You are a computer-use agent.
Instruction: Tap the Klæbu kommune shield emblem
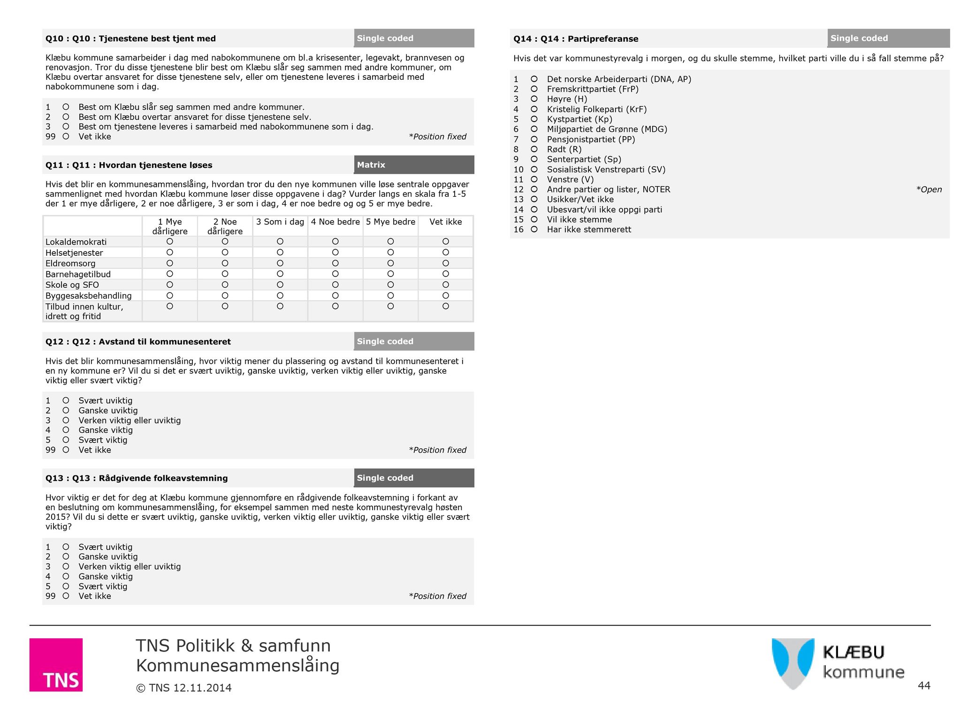793,663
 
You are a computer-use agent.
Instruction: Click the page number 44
923,686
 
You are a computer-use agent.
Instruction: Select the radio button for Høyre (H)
534,99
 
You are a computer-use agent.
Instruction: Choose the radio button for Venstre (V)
534,179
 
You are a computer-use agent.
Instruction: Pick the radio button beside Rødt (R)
534,149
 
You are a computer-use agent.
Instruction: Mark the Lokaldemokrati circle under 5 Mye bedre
390,241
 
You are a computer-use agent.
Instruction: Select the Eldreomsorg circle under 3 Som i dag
280,263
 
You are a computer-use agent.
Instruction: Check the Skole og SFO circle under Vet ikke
446,284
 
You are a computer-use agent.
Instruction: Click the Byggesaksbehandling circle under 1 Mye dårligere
170,296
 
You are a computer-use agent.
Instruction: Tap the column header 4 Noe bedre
335,222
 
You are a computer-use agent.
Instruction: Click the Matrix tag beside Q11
371,165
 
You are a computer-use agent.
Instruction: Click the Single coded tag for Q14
859,38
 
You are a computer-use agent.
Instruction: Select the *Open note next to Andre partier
929,190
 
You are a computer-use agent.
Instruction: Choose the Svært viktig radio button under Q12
66,440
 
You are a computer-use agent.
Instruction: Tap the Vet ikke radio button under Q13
66,596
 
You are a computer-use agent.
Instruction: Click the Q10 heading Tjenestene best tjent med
130,38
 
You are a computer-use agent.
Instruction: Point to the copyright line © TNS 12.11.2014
183,688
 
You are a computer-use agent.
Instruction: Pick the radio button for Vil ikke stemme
534,219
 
